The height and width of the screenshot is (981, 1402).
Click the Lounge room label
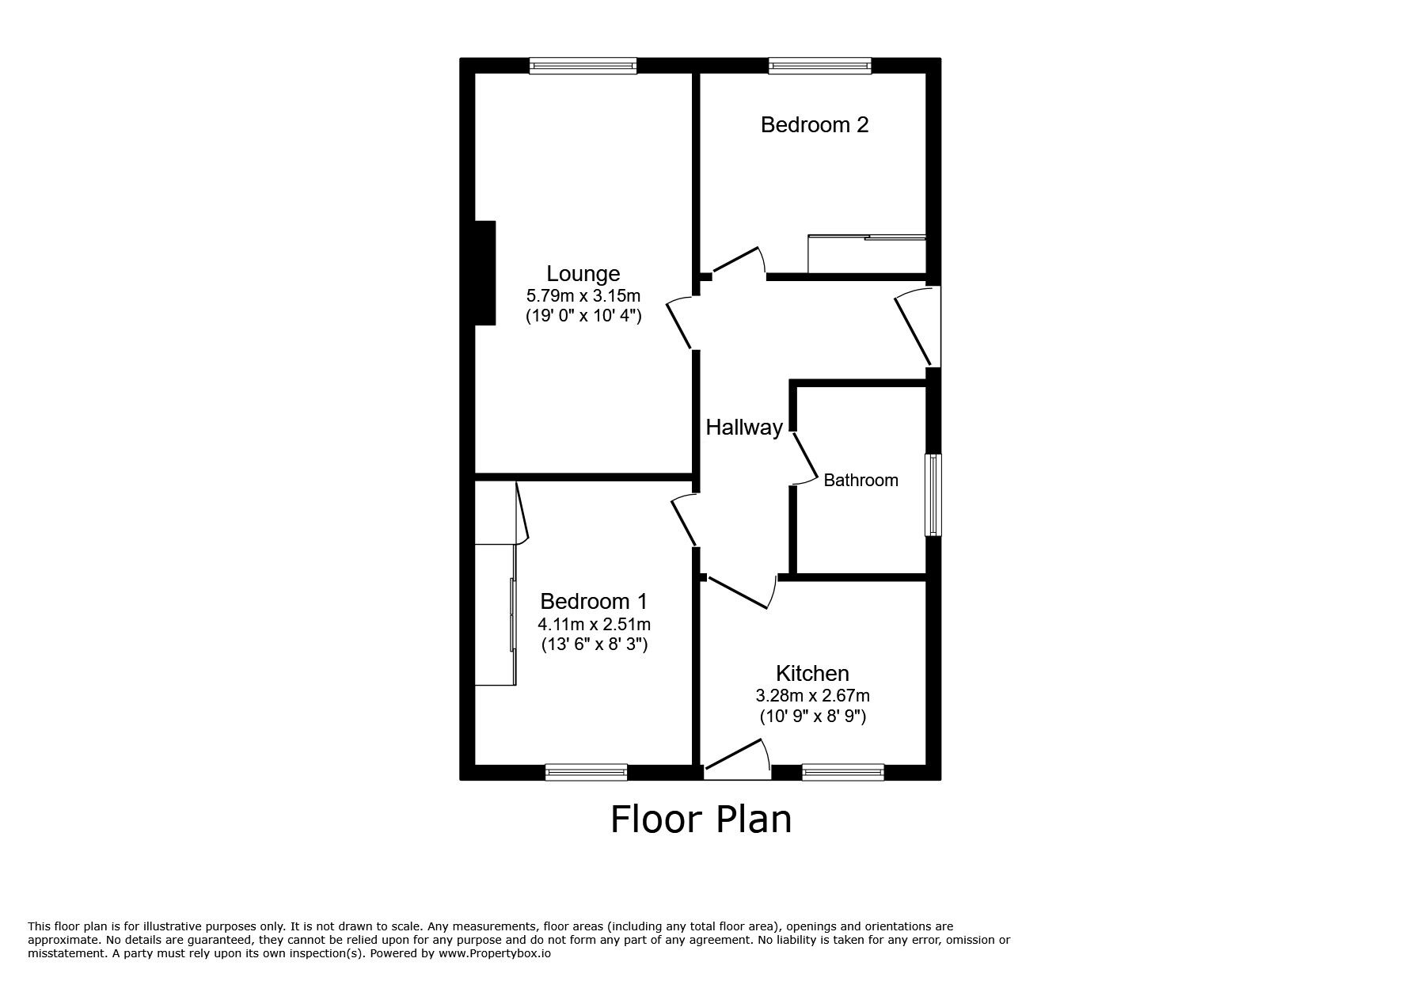pyautogui.click(x=583, y=274)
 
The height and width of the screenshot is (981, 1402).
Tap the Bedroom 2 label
pyautogui.click(x=815, y=125)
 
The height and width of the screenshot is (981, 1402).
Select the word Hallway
pyautogui.click(x=744, y=428)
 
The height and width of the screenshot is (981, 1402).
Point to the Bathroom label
pyautogui.click(x=861, y=481)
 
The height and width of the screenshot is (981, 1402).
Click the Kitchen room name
pyautogui.click(x=812, y=674)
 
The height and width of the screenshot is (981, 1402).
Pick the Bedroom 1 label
pyautogui.click(x=594, y=602)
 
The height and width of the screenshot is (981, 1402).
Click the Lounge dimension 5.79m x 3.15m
pyautogui.click(x=583, y=296)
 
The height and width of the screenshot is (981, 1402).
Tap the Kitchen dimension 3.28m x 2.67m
pyautogui.click(x=812, y=696)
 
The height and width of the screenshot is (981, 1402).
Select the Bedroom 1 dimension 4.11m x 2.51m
pyautogui.click(x=594, y=624)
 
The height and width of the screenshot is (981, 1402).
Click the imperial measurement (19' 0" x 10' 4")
pyautogui.click(x=583, y=316)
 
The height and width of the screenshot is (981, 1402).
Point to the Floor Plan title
pyautogui.click(x=701, y=819)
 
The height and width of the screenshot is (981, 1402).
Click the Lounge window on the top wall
pyautogui.click(x=583, y=66)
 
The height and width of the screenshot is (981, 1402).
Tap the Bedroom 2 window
pyautogui.click(x=819, y=66)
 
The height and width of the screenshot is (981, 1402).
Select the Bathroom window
pyautogui.click(x=934, y=495)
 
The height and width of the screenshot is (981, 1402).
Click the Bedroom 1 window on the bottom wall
pyautogui.click(x=587, y=772)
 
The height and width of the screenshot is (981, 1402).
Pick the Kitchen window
pyautogui.click(x=843, y=772)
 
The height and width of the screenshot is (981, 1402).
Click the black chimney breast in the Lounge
pyautogui.click(x=484, y=273)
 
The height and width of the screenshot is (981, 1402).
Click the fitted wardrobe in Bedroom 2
pyautogui.click(x=866, y=254)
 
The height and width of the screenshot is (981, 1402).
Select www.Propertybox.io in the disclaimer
pyautogui.click(x=494, y=954)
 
